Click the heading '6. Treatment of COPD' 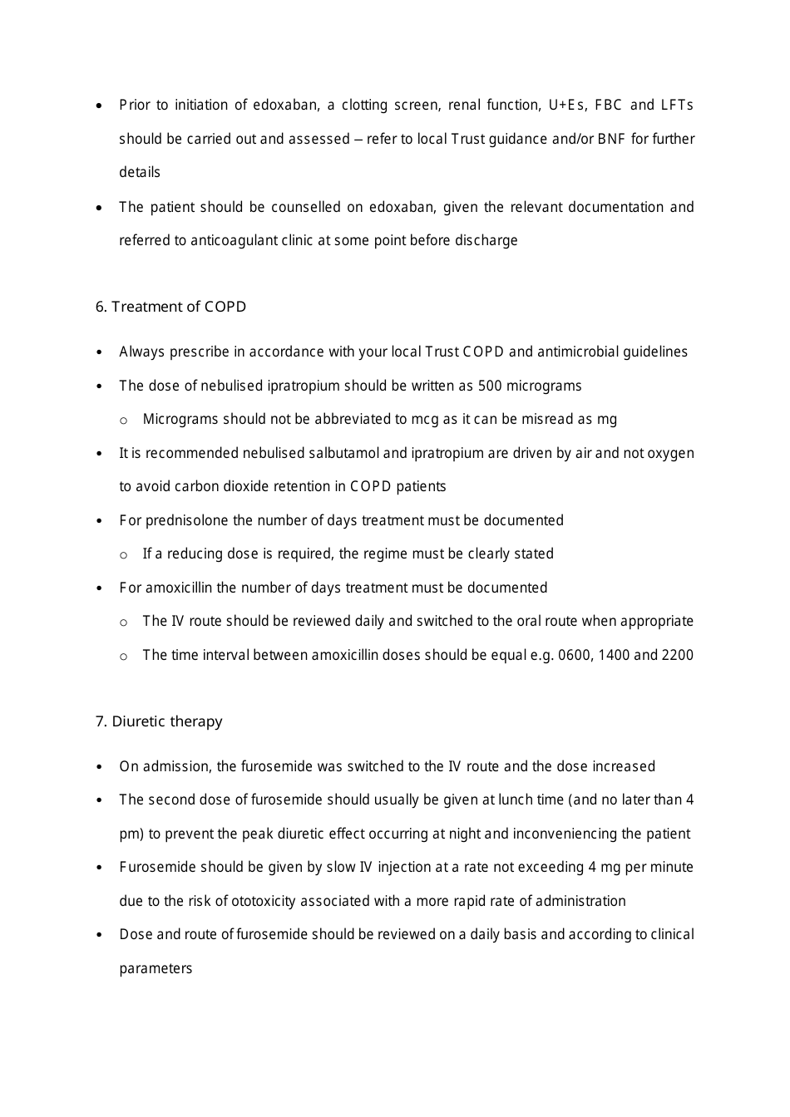point(170,307)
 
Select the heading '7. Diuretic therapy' point(159,721)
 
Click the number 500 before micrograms point(491,386)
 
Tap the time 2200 point(677,655)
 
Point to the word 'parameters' point(156,968)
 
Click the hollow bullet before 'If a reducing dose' point(124,554)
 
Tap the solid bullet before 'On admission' point(100,767)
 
